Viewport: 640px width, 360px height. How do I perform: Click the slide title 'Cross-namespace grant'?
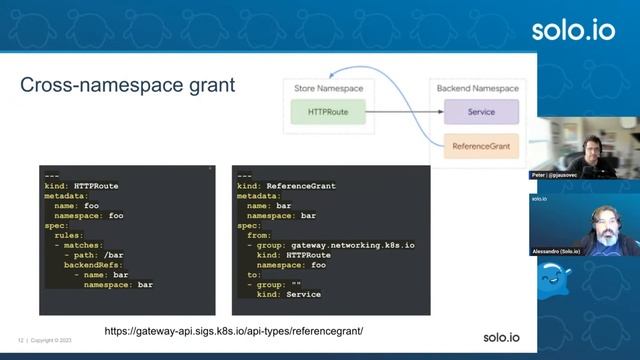(127, 86)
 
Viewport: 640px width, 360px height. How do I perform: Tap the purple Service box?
(480, 112)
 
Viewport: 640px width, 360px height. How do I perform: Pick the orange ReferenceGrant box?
(480, 146)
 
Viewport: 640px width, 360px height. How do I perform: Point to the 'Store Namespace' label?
(328, 89)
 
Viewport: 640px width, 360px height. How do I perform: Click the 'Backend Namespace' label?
(480, 89)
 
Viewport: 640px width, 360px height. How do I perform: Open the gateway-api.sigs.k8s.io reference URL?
(233, 330)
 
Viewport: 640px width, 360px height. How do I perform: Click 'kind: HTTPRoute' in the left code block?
(81, 187)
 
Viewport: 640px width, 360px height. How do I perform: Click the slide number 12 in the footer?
(21, 339)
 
